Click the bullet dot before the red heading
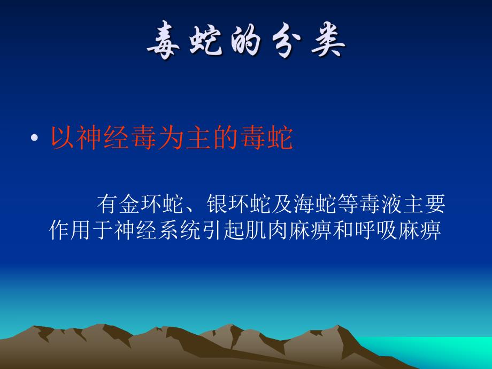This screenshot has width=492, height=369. (34, 139)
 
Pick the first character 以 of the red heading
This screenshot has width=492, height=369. (63, 139)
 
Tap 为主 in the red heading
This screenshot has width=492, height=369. (184, 139)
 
